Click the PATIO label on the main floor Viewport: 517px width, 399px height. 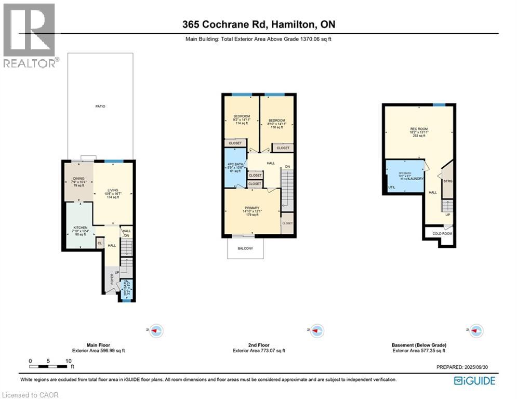pos(100,107)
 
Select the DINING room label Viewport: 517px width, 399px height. pos(78,179)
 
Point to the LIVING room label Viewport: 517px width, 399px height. pos(113,190)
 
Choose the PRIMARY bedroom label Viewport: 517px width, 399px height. pos(253,208)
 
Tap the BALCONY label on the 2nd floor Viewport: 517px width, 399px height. pos(245,248)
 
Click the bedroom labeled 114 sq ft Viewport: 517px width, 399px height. pos(242,116)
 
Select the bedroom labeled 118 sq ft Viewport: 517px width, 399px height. pos(276,116)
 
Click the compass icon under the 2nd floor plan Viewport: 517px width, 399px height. pos(316,330)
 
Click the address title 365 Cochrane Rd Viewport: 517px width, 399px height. pos(258,25)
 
